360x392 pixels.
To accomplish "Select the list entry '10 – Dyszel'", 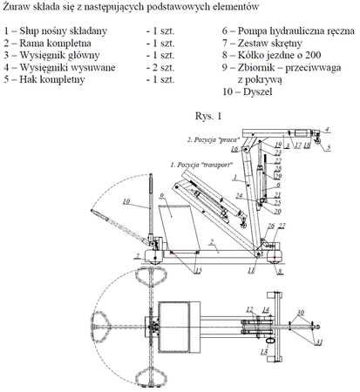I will [x=247, y=90].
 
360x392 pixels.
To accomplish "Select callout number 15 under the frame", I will [x=198, y=271].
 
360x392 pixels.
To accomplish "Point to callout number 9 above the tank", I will [x=161, y=194].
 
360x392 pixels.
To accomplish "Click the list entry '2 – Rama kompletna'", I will [x=46, y=41].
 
